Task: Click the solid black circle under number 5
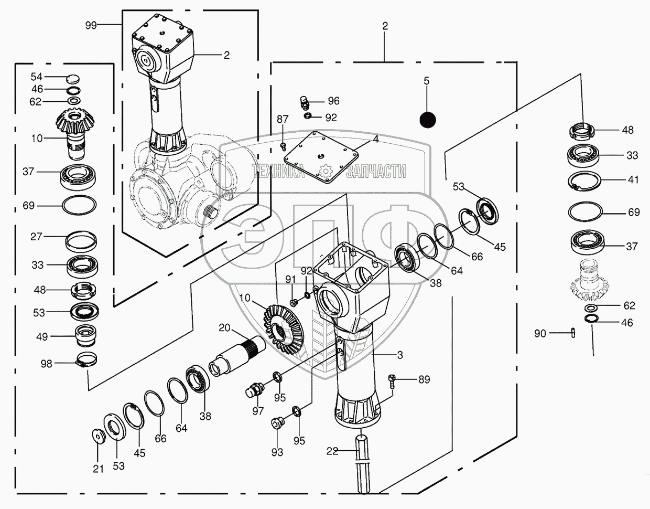[428, 120]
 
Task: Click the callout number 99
[91, 25]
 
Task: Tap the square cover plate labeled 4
[321, 157]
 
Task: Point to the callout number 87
[283, 119]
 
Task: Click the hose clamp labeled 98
[88, 359]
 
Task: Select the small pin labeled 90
[573, 333]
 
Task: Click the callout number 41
[633, 179]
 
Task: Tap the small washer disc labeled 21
[98, 436]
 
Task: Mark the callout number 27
[36, 237]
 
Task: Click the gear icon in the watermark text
[326, 171]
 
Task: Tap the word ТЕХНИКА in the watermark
[278, 171]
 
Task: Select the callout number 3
[400, 355]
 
